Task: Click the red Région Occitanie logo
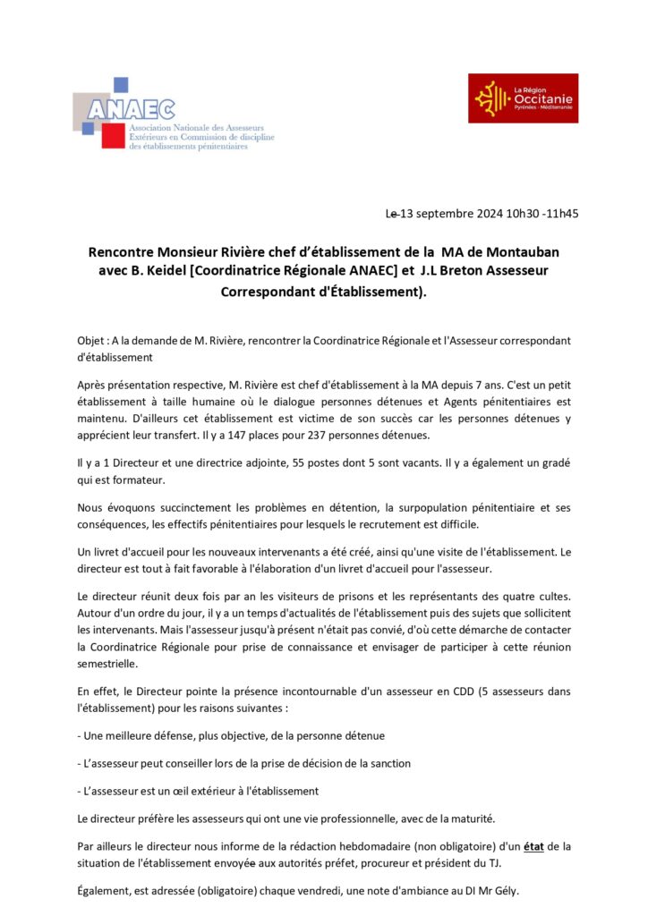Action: (x=523, y=98)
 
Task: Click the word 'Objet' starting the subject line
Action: (x=91, y=342)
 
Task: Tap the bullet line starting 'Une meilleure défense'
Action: (x=232, y=735)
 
